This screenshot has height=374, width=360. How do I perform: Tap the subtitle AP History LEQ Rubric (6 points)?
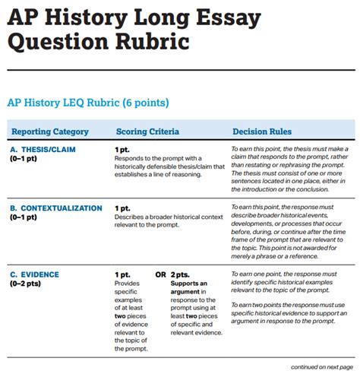tap(87, 103)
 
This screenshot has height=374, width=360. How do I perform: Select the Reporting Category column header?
tap(50, 132)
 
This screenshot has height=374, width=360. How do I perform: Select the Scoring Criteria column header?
tap(147, 132)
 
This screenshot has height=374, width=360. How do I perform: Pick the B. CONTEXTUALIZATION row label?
tap(56, 208)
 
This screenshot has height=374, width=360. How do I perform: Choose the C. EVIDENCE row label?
tap(35, 274)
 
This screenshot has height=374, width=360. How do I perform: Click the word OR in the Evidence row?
tap(161, 274)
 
